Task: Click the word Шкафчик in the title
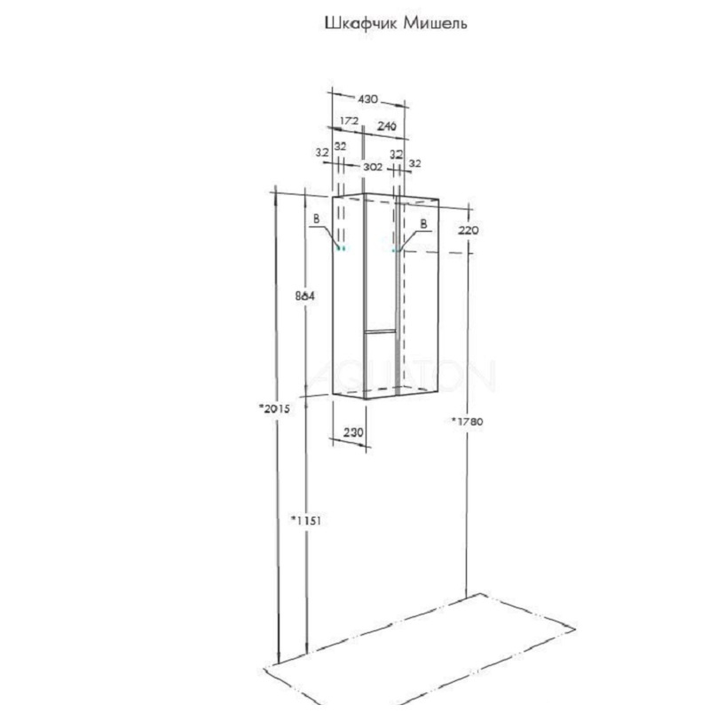pyautogui.click(x=361, y=23)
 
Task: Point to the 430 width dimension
pyautogui.click(x=367, y=99)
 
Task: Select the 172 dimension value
pyautogui.click(x=350, y=121)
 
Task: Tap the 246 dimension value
pyautogui.click(x=387, y=125)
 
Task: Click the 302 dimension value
pyautogui.click(x=373, y=167)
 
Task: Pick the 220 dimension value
pyautogui.click(x=469, y=230)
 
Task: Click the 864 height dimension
pyautogui.click(x=304, y=296)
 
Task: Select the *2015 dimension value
pyautogui.click(x=274, y=408)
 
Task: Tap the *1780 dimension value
pyautogui.click(x=468, y=421)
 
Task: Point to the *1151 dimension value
pyautogui.click(x=306, y=519)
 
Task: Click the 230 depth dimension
pyautogui.click(x=353, y=432)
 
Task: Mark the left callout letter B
pyautogui.click(x=316, y=219)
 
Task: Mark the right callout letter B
pyautogui.click(x=423, y=224)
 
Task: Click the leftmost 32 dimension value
pyautogui.click(x=322, y=153)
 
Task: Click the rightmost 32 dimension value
pyautogui.click(x=415, y=163)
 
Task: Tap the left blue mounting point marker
pyautogui.click(x=341, y=249)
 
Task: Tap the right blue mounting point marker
pyautogui.click(x=396, y=250)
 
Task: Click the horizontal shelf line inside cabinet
pyautogui.click(x=381, y=330)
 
